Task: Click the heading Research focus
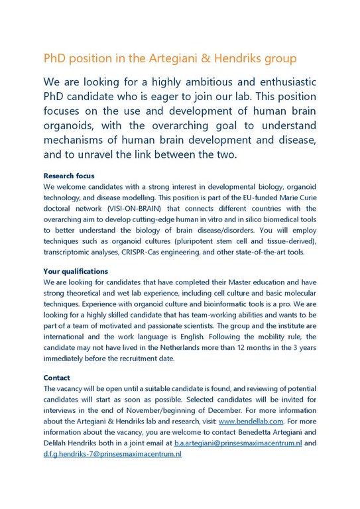pyautogui.click(x=69, y=176)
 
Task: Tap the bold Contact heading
pyautogui.click(x=58, y=377)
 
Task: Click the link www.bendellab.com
pyautogui.click(x=250, y=420)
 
